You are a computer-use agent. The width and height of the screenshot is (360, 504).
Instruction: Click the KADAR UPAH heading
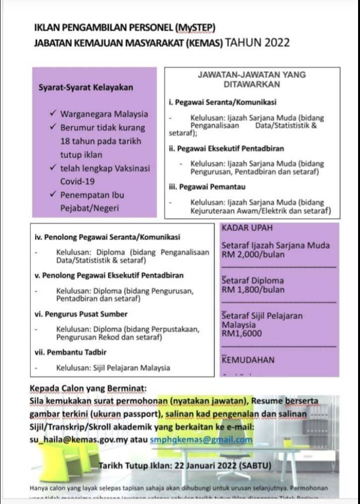point(245,228)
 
